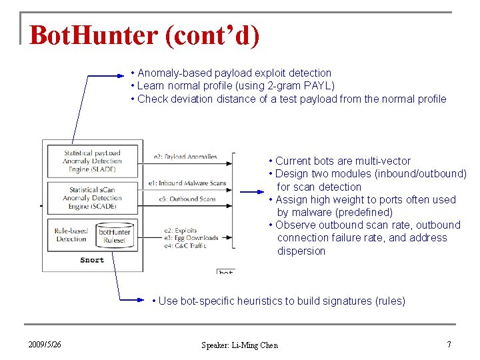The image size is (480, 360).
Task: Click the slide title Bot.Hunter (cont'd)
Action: (x=144, y=35)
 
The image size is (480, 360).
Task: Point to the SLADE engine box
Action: (x=92, y=161)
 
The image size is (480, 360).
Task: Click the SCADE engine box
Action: (x=92, y=198)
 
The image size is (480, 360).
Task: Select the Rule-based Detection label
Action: (x=71, y=235)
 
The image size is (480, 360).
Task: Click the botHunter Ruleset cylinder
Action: (x=115, y=235)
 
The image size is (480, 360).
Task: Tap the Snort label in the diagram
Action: (x=92, y=260)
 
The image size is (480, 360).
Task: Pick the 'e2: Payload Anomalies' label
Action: (x=185, y=157)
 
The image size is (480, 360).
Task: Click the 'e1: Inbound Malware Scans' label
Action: (x=187, y=183)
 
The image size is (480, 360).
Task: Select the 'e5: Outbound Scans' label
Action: (x=187, y=199)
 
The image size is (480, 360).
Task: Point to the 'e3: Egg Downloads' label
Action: (x=191, y=238)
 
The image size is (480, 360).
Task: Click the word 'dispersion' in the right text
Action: (x=301, y=251)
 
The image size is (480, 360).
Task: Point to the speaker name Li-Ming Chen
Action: (x=239, y=345)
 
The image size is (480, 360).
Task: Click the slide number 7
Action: (x=449, y=345)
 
